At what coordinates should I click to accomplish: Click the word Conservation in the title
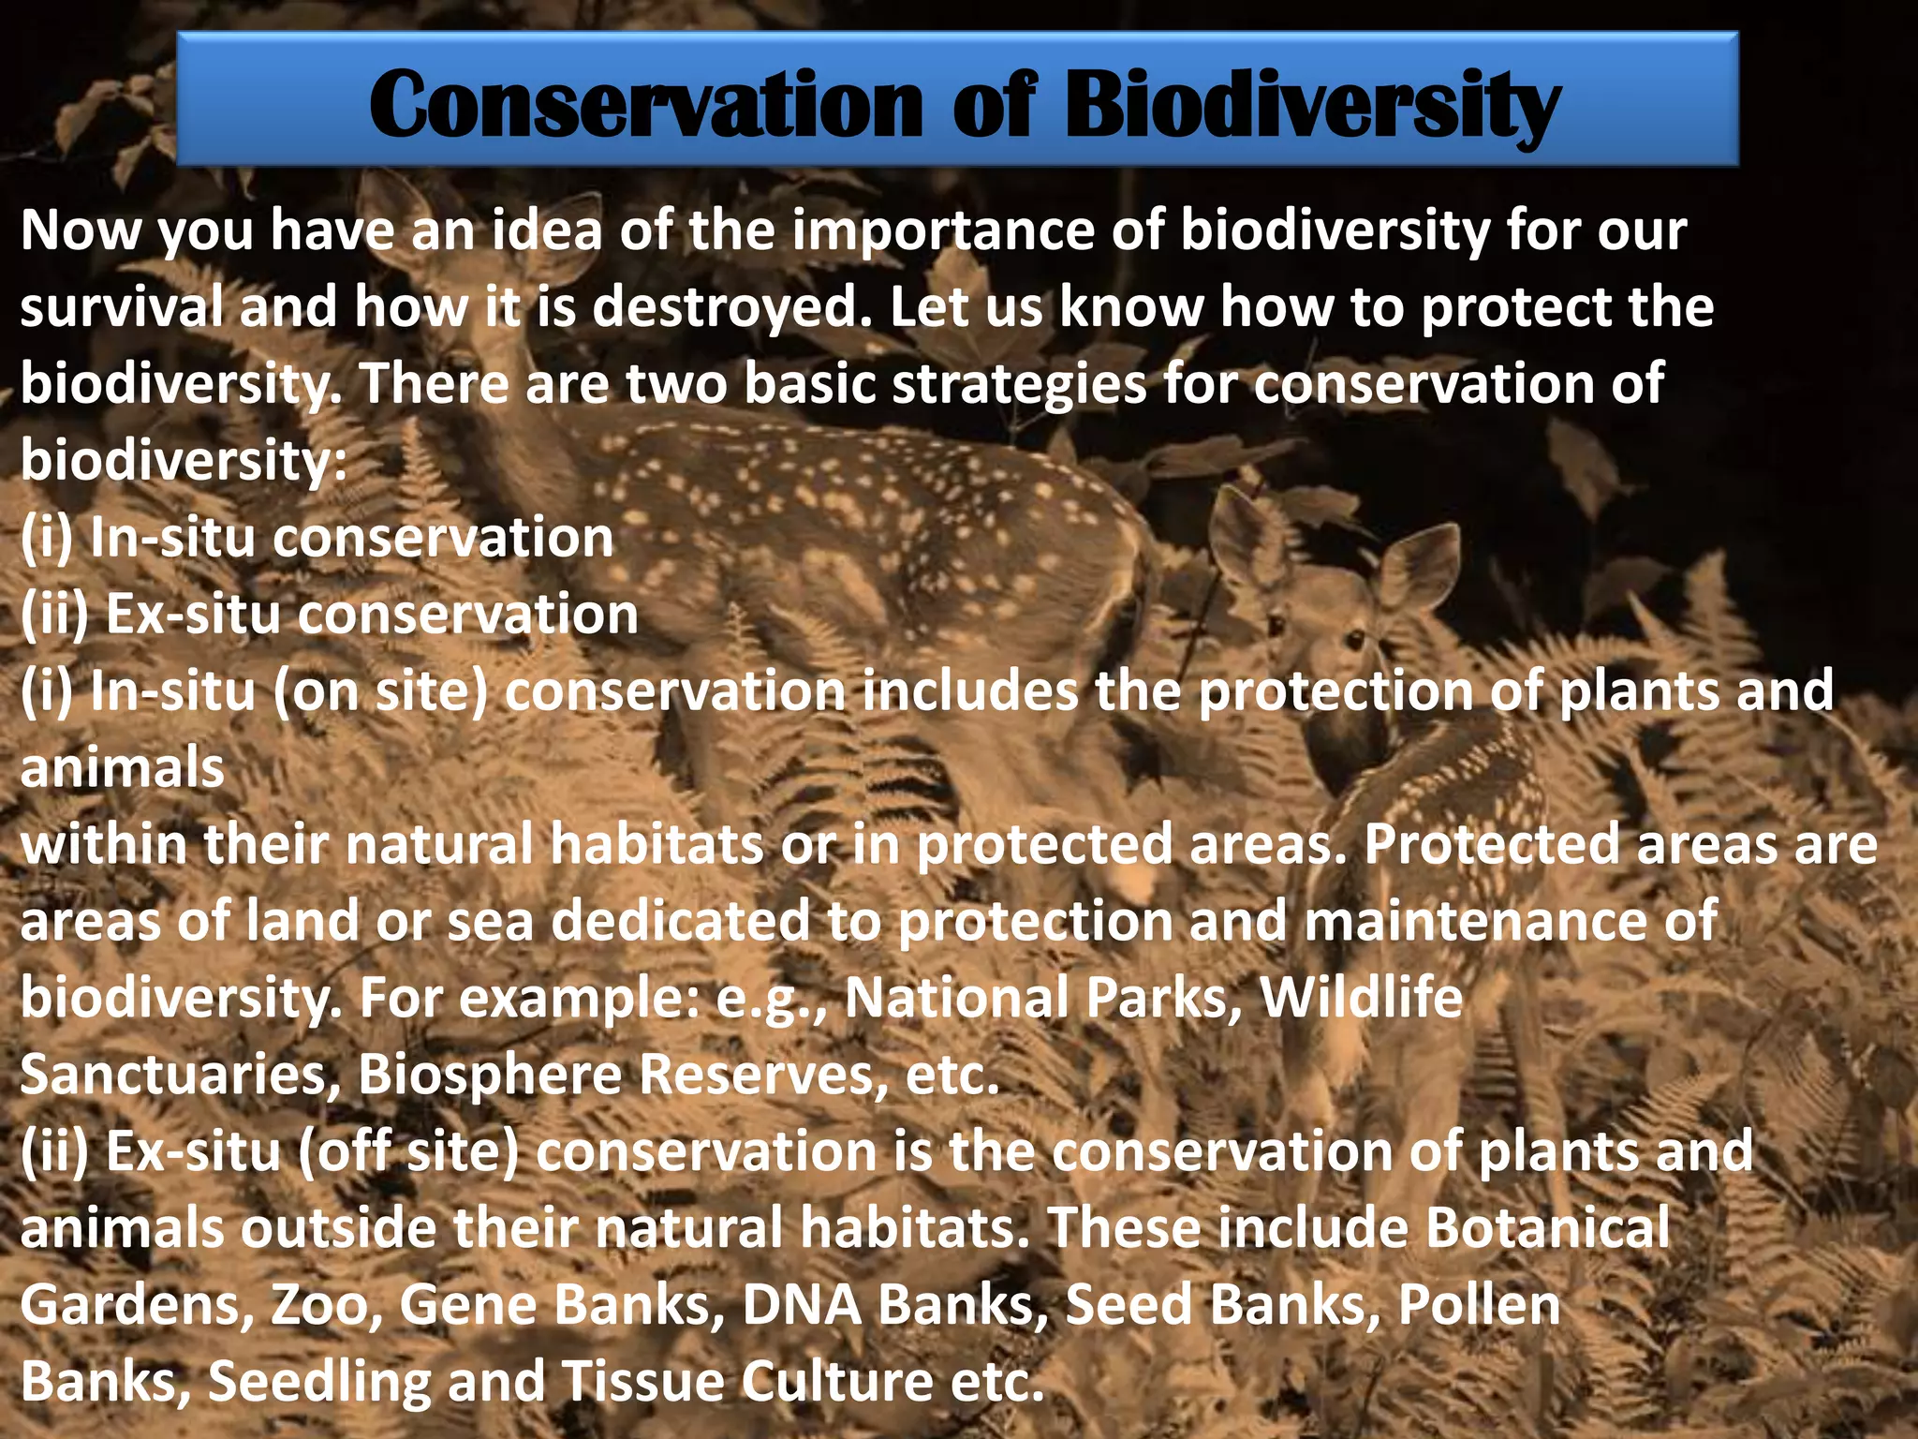[646, 105]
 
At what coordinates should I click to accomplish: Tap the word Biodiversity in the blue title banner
[1311, 105]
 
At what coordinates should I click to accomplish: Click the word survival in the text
[122, 307]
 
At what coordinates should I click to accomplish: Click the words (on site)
[380, 691]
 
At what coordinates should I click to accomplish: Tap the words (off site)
[408, 1151]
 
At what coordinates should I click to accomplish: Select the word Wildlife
[1361, 998]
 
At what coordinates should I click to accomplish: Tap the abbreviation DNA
[801, 1305]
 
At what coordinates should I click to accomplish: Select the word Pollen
[1479, 1305]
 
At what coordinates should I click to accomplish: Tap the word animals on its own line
[122, 768]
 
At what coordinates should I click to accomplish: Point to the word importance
[942, 230]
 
